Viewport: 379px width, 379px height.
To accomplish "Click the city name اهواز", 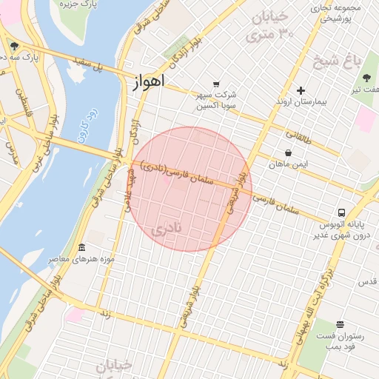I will pos(149,81).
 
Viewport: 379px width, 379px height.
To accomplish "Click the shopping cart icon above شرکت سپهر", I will pos(216,84).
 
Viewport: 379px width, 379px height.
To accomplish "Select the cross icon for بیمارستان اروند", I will pos(301,91).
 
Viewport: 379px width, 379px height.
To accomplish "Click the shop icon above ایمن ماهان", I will pos(287,153).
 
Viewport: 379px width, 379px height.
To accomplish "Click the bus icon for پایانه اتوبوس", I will pos(341,212).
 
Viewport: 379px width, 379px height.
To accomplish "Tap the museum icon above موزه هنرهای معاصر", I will pos(81,247).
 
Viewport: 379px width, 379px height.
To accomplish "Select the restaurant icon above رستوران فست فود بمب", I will pos(340,324).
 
